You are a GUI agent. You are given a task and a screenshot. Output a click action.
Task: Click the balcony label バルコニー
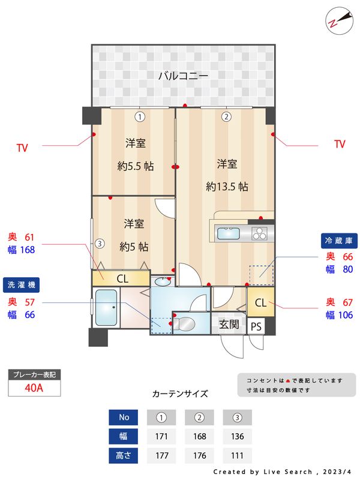pyautogui.click(x=183, y=76)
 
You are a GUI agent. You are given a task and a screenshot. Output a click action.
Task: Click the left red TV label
pyautogui.click(x=22, y=146)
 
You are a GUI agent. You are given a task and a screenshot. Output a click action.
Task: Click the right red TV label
pyautogui.click(x=340, y=144)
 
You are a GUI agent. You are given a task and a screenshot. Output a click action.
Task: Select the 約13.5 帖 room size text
pyautogui.click(x=227, y=186)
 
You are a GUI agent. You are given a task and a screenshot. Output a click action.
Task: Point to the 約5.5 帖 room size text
pyautogui.click(x=135, y=166)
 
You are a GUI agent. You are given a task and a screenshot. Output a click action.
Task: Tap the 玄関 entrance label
pyautogui.click(x=229, y=325)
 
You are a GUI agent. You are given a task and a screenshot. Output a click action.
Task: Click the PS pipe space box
pyautogui.click(x=256, y=326)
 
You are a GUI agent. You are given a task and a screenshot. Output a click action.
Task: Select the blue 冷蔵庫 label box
pyautogui.click(x=339, y=241)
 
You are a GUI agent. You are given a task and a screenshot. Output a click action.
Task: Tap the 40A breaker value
pyautogui.click(x=34, y=388)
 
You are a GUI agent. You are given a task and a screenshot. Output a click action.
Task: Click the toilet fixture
pyautogui.click(x=186, y=324)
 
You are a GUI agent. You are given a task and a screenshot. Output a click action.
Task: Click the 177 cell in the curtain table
pyautogui.click(x=161, y=455)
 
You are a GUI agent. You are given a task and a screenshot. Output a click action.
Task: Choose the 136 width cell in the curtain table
pyautogui.click(x=237, y=436)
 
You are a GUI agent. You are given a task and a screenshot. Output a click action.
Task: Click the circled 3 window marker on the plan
pyautogui.click(x=100, y=244)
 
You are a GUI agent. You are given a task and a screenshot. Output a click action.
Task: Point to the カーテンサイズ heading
pyautogui.click(x=180, y=394)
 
